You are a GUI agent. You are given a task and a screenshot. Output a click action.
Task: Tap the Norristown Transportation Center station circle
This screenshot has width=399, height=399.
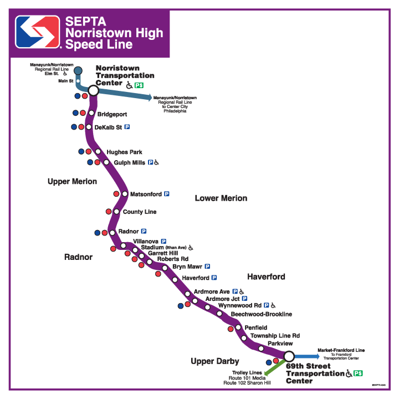coord(93,90)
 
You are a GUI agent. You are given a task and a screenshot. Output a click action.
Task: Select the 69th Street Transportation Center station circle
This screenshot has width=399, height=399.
coord(289,356)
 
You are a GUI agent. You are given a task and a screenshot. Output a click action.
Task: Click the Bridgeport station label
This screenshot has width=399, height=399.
coord(112,115)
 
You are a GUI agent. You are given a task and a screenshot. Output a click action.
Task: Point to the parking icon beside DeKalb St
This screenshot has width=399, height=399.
coord(127,127)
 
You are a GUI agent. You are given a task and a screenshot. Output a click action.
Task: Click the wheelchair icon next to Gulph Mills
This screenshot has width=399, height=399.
coord(157,163)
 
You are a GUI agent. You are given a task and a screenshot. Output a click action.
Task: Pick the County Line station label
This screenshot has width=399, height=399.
coord(140,212)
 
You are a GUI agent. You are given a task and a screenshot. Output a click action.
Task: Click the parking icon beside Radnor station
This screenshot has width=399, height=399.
coord(144,231)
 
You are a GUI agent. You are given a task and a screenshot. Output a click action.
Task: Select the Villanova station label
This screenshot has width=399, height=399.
coord(146,242)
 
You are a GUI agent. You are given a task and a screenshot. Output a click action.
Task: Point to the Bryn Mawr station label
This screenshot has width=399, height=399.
coord(187,267)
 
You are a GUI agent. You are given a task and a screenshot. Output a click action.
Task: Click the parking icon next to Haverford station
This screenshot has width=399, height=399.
coord(213,278)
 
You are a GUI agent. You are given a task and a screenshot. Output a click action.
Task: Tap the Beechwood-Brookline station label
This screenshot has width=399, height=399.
coord(261,314)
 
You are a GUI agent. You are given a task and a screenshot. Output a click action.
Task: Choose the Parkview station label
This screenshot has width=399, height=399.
coord(280,344)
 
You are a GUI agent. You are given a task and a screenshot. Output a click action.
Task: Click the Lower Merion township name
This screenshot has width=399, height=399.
coord(221,198)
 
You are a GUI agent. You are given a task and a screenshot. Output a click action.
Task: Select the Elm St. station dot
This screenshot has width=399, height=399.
coord(78,70)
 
